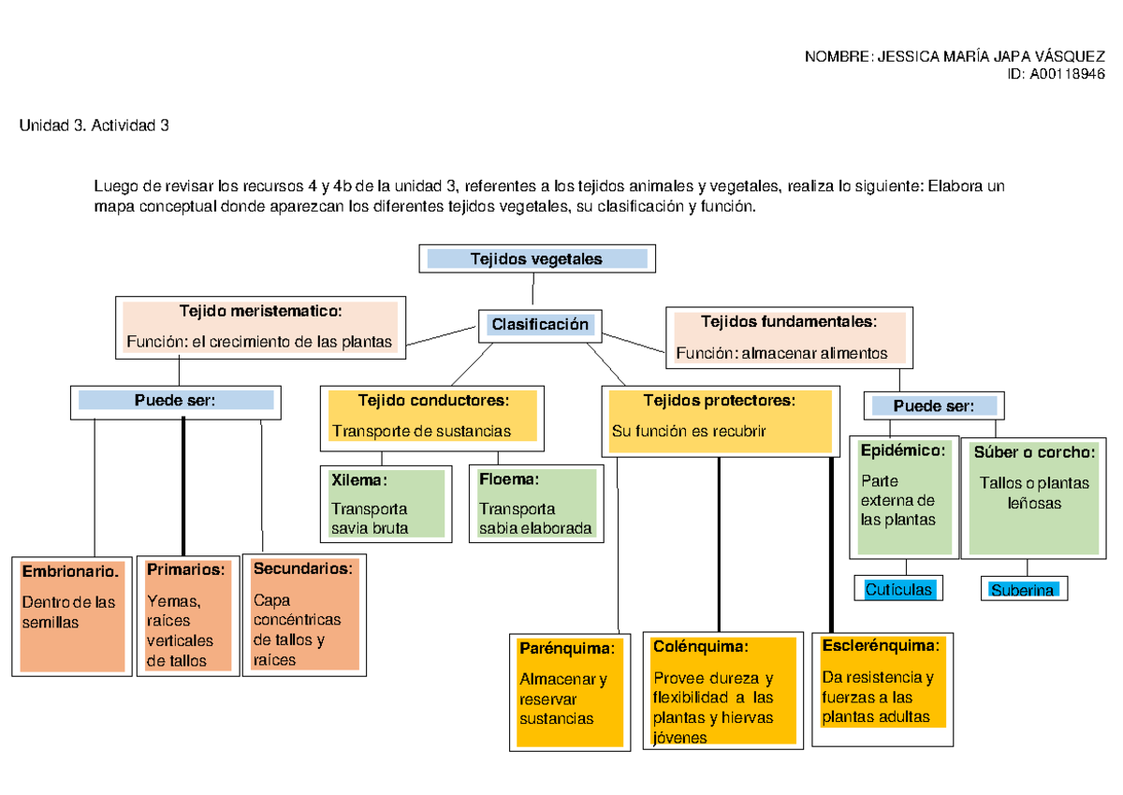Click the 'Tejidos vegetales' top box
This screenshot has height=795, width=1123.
click(x=536, y=258)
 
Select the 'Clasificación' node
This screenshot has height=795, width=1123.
click(x=540, y=325)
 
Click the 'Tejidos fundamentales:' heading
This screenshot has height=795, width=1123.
click(x=789, y=322)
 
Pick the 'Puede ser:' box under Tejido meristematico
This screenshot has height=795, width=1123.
click(x=176, y=401)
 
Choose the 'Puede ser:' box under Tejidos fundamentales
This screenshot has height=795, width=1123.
click(x=933, y=406)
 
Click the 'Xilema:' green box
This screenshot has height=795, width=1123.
click(x=383, y=504)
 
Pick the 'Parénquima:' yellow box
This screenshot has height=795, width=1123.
click(x=569, y=690)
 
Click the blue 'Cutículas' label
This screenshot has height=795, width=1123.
click(x=898, y=590)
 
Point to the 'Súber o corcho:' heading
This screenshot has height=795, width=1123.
click(x=1034, y=452)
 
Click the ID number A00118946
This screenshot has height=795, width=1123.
click(x=1067, y=75)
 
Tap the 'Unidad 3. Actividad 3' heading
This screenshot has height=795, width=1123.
click(x=94, y=125)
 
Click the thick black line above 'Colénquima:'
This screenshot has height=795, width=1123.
click(x=718, y=543)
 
